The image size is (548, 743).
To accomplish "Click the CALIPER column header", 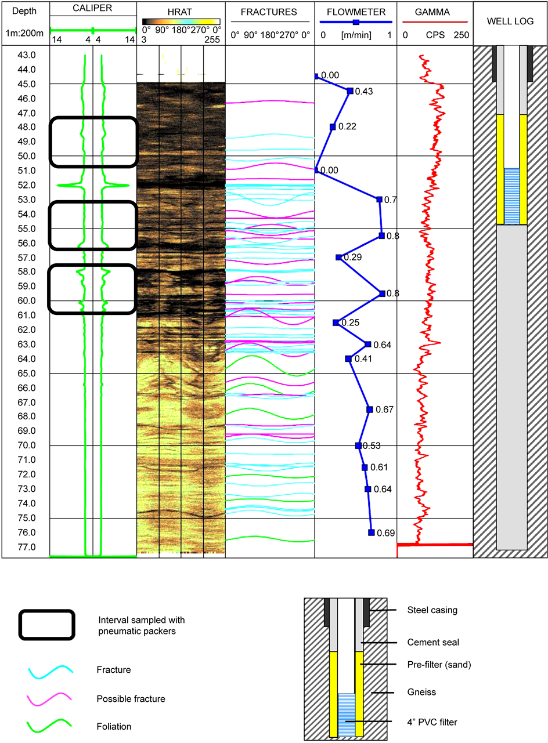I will [93, 10].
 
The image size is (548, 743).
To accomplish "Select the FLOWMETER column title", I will [355, 12].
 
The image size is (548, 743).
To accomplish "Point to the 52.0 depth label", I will [26, 185].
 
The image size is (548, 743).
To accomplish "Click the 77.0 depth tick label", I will [26, 547].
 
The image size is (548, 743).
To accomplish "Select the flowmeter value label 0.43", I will [363, 91].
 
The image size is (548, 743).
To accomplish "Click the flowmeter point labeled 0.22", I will [333, 126].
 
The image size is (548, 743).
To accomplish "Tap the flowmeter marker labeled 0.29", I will [338, 257].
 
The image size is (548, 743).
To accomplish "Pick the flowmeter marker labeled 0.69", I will [371, 532].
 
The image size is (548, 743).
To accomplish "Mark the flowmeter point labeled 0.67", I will [369, 409].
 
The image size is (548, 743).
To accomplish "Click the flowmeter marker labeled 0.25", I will [336, 322].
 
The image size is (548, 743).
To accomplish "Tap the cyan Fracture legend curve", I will [50, 671].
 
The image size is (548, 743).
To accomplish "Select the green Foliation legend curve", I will [50, 725].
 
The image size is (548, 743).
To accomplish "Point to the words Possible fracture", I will [131, 699].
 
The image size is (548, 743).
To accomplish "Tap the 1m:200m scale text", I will [24, 35].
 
